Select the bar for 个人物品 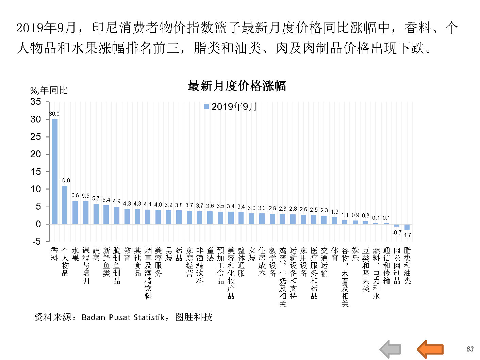65,204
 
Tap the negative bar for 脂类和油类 407,227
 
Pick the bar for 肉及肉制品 397,225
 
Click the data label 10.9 65,180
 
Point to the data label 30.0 54,114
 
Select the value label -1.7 407,235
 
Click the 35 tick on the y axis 36,101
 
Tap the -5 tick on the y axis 36,242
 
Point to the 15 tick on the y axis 36,171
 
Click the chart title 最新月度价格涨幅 237,86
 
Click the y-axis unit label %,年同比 49,91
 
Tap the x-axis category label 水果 75,254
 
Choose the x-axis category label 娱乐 355,254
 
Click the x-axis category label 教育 127,254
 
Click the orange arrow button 430,349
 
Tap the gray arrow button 390,349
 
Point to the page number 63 470,349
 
